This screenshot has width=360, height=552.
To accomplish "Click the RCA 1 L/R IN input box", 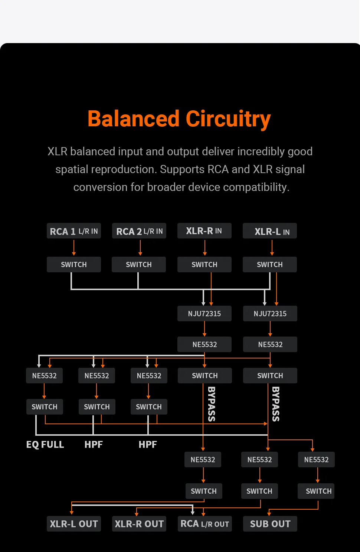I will coord(74,231).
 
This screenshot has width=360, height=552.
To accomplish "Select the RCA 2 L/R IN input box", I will coord(139,231).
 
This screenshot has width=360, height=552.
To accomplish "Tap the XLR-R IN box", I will coord(204,231).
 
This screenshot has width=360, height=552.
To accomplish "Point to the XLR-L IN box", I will coord(270,231).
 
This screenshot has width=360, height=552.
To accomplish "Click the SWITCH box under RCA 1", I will coord(74,264).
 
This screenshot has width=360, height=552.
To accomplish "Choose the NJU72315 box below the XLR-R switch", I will coord(204,314).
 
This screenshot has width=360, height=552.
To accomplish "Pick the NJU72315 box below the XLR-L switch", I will coord(270,314).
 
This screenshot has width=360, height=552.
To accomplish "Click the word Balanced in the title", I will coord(134,119).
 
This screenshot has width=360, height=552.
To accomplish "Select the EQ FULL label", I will coord(45,444).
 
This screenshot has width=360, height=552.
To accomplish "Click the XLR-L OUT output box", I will coord(74,524).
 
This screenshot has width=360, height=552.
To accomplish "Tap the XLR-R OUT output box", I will coord(139,524).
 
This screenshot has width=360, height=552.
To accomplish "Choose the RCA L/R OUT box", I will coord(204,524).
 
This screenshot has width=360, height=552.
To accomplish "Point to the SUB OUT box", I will coord(270,524).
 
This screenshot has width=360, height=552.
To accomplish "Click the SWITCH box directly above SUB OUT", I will coord(318,491).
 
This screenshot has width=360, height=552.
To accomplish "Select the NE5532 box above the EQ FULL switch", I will coord(44,376).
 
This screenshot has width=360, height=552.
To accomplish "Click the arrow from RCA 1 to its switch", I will coord(74,247).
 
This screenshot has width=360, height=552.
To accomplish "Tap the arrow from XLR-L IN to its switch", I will coord(272,247).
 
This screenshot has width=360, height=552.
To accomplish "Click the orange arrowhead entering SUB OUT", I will coord(269,514).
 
